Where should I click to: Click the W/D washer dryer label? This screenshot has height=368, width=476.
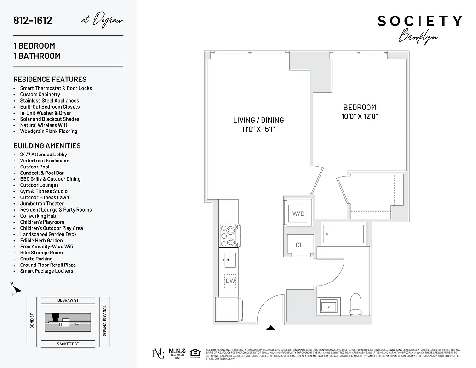[x=298, y=213]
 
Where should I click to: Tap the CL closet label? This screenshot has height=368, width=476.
[x=299, y=245]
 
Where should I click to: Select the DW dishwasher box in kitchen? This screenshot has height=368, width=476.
[x=230, y=281]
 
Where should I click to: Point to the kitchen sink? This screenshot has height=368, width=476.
[x=230, y=260]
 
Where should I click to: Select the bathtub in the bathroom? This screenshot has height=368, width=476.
[x=344, y=234]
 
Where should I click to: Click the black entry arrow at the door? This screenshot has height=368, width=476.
[x=271, y=328]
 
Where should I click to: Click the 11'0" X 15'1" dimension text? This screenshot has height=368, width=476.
[x=258, y=129]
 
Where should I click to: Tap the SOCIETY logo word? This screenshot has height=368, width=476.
[x=419, y=21]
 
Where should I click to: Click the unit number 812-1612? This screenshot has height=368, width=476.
[x=33, y=21]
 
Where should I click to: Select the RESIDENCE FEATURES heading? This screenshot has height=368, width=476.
[x=50, y=79]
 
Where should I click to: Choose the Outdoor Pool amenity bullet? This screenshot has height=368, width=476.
[x=34, y=167]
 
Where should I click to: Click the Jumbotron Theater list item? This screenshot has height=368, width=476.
[x=42, y=204]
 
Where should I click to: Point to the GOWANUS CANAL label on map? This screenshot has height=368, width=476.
[x=105, y=321]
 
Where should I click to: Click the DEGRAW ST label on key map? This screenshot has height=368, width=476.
[x=68, y=300]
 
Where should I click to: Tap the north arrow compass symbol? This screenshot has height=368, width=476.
[x=17, y=290]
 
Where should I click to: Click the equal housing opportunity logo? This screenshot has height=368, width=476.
[x=195, y=353]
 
